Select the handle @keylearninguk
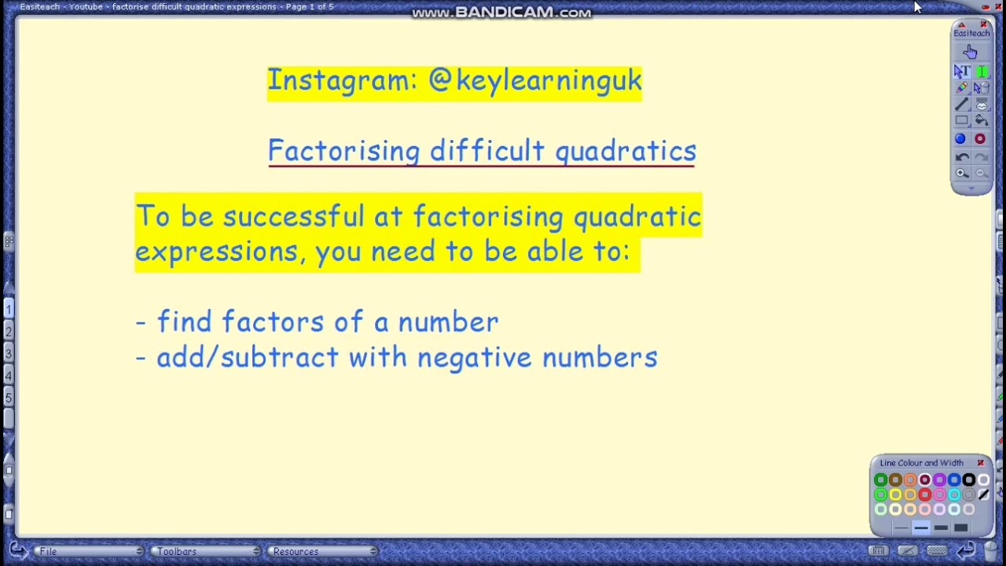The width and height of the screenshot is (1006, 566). (534, 81)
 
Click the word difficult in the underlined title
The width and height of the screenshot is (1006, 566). (486, 151)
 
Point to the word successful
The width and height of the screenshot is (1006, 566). (293, 217)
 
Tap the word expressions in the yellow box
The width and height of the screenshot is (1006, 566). (217, 252)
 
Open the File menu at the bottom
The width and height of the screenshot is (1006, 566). (49, 552)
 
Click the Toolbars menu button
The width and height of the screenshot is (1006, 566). (177, 552)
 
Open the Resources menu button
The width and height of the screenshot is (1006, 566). (296, 552)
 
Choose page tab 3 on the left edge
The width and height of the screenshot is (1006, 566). (9, 354)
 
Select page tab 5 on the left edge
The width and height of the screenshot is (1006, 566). (9, 398)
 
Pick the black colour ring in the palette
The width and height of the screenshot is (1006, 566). (968, 480)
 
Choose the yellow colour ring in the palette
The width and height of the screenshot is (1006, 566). (895, 495)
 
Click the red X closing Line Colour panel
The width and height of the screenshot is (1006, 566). (981, 463)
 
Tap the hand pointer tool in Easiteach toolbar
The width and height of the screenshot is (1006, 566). (971, 52)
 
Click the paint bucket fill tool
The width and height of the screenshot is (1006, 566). (981, 121)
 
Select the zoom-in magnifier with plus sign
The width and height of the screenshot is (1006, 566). (962, 174)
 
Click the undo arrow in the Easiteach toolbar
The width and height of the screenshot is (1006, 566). (962, 157)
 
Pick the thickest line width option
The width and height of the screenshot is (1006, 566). (960, 527)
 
